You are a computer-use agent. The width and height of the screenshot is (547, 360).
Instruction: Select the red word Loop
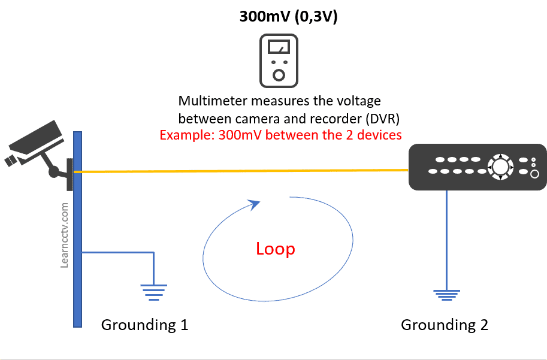275,249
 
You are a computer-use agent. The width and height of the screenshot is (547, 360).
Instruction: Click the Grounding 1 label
145,325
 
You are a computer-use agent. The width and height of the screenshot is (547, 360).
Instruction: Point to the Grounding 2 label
444,325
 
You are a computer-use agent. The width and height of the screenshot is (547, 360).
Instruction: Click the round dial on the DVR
499,166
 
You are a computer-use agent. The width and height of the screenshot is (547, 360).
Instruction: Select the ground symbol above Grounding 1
154,290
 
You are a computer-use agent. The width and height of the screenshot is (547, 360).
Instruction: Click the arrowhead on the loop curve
255,204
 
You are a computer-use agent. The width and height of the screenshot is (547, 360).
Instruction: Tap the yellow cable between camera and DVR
240,171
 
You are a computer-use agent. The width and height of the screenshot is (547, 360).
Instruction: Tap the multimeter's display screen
279,46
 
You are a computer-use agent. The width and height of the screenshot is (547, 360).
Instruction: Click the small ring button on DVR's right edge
534,174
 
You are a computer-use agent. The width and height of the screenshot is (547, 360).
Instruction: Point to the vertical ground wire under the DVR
447,240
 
